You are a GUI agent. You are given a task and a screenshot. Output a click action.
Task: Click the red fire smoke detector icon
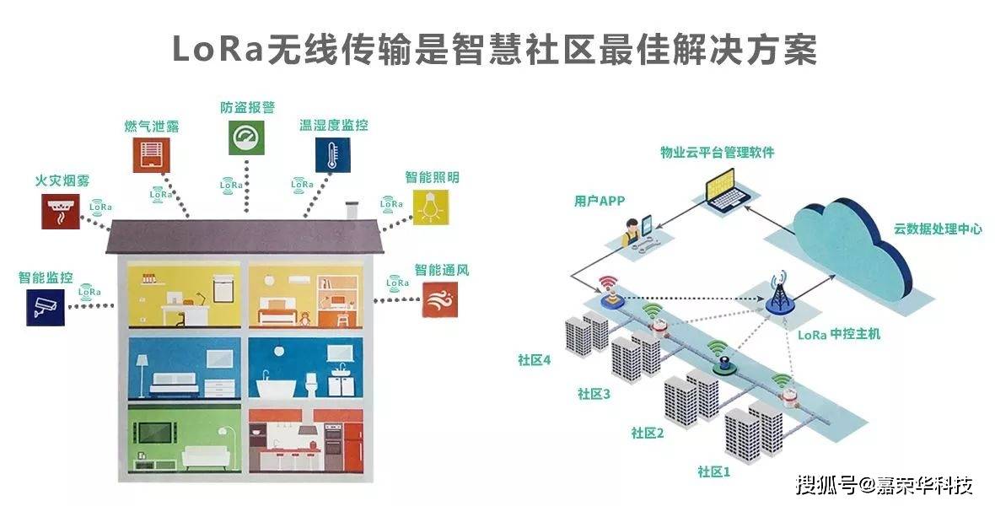60,211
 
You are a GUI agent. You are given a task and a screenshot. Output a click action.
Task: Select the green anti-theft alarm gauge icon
246,137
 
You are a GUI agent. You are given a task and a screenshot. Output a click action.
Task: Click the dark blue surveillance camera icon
44,308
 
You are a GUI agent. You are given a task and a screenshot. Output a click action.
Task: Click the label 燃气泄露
151,126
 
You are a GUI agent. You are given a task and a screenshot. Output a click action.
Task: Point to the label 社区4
534,360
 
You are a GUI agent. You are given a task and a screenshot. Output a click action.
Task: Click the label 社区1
713,471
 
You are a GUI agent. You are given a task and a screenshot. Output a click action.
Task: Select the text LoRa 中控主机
838,334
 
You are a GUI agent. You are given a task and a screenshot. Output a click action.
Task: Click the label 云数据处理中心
938,229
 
